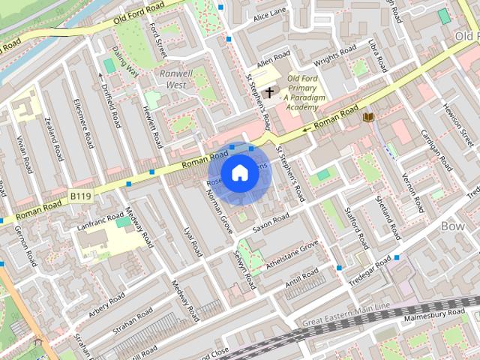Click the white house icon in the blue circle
[x=238, y=172]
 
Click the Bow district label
[x=453, y=225]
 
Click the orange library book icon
[x=367, y=117]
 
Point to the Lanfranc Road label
[x=99, y=222]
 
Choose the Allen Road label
[x=273, y=58]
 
